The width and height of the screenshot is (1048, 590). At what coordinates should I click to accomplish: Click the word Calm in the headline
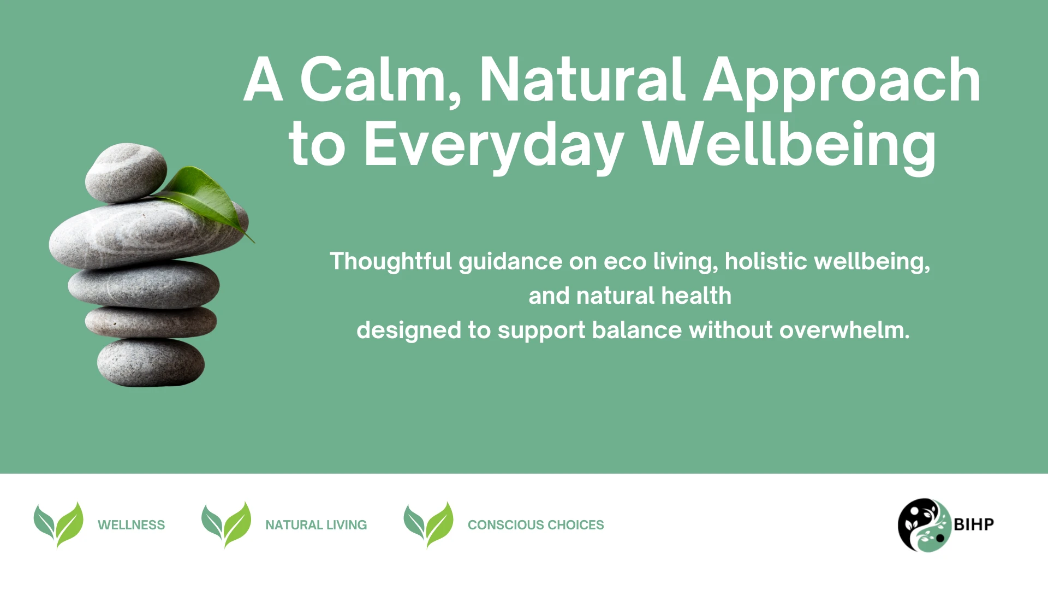381,80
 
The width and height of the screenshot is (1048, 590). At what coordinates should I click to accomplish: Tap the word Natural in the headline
581,80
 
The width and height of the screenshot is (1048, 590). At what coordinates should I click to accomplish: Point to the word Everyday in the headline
494,145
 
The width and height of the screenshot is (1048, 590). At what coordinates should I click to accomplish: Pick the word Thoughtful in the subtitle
391,262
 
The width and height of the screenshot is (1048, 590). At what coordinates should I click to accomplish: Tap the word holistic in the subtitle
766,261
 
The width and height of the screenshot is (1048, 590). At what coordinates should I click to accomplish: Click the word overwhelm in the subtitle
844,330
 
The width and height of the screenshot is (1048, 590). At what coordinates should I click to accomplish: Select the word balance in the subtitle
637,330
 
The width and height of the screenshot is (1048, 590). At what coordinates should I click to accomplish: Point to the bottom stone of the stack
151,362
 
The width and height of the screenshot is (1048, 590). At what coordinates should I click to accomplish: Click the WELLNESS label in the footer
131,525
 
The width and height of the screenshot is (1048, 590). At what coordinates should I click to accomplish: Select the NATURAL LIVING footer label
316,525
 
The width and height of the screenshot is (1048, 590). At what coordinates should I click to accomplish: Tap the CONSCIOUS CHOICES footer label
536,525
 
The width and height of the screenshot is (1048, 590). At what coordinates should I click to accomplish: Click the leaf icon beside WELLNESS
58,524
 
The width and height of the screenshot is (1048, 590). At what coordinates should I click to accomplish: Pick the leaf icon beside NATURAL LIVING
226,524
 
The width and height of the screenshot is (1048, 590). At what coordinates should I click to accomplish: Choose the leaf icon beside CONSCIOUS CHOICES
428,524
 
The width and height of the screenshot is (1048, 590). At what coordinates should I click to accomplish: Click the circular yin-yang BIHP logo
925,525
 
